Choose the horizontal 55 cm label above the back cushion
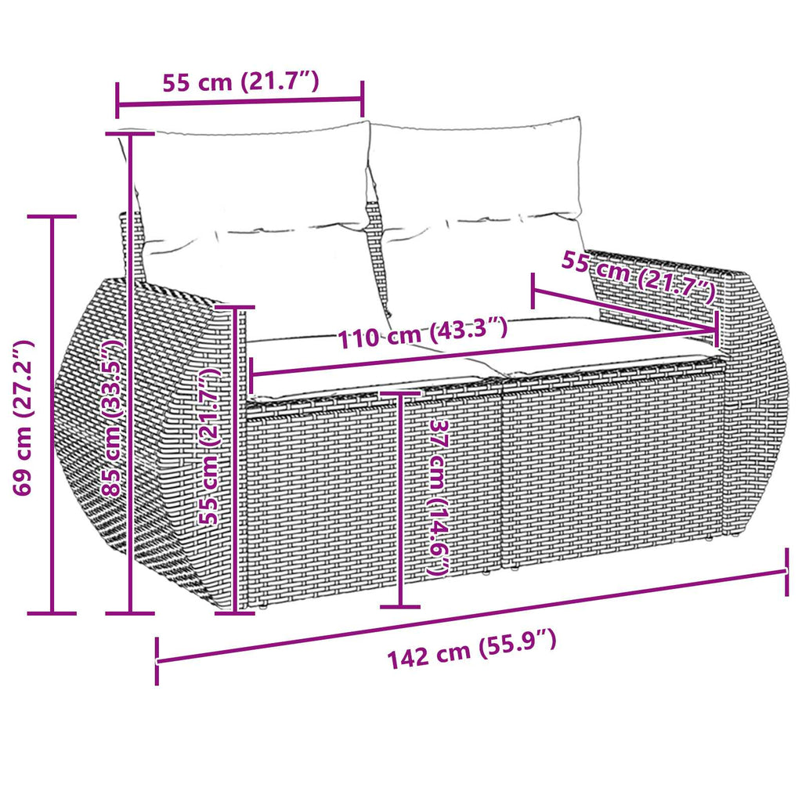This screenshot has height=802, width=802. pyautogui.click(x=240, y=82)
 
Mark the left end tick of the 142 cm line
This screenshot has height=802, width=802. pyautogui.click(x=157, y=661)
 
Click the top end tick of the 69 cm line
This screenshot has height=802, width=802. pyautogui.click(x=52, y=216)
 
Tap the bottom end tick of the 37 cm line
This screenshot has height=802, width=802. pyautogui.click(x=399, y=605)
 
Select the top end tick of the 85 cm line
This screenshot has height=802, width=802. pyautogui.click(x=130, y=134)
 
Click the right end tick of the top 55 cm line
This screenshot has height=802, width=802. pyautogui.click(x=363, y=97)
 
